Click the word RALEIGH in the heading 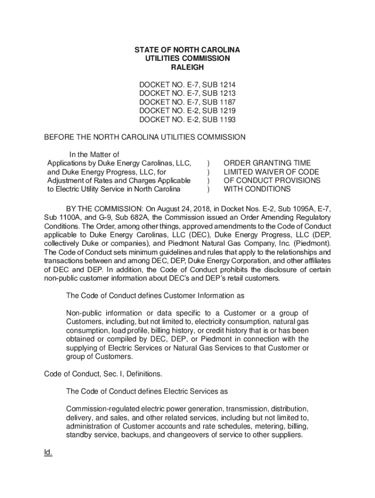pos(187,67)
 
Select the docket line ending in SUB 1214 pos(187,84)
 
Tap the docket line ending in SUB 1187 pos(187,102)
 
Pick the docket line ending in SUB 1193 pos(187,120)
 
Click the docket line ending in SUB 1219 pos(187,111)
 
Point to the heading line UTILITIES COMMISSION pos(187,58)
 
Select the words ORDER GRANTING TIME pos(267,163)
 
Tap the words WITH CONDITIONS pos(257,189)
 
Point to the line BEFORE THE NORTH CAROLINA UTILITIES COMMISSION pos(145,137)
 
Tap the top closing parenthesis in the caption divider pos(208,163)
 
